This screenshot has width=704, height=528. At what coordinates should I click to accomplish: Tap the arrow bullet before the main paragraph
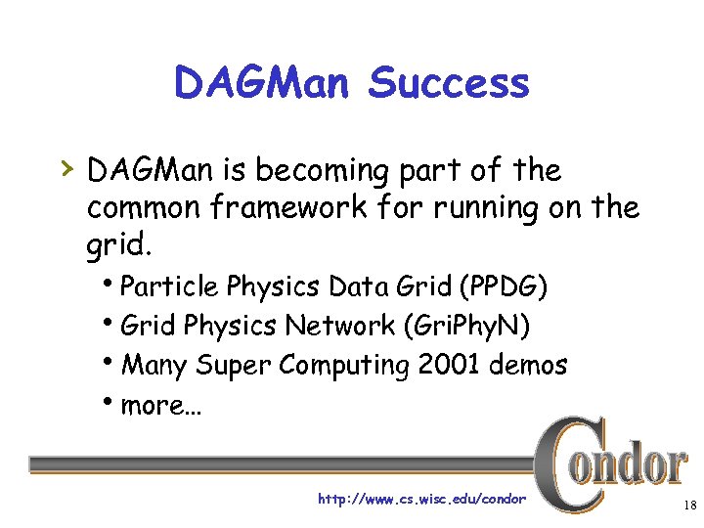66,170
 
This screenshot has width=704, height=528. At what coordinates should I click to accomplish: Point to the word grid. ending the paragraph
118,245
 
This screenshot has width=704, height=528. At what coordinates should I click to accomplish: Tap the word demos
529,365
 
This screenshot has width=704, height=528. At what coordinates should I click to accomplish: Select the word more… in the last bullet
160,404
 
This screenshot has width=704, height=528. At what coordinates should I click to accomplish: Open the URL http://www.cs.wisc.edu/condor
421,500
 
